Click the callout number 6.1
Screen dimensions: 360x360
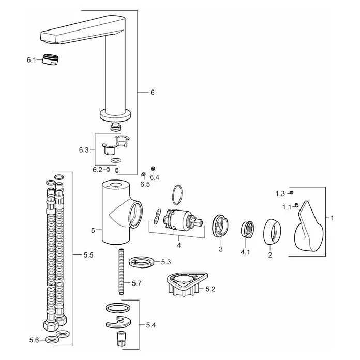(x=31, y=60)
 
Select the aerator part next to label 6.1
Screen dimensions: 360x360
(x=51, y=59)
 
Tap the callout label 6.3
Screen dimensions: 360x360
(x=84, y=150)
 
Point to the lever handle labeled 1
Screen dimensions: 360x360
(x=309, y=226)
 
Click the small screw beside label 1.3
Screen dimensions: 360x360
(x=292, y=192)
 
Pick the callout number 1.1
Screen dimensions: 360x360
(x=287, y=207)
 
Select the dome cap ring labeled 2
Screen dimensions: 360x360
(x=273, y=232)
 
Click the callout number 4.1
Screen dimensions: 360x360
(x=245, y=252)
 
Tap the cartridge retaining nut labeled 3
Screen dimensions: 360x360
(x=220, y=226)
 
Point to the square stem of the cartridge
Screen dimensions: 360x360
(x=199, y=222)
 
